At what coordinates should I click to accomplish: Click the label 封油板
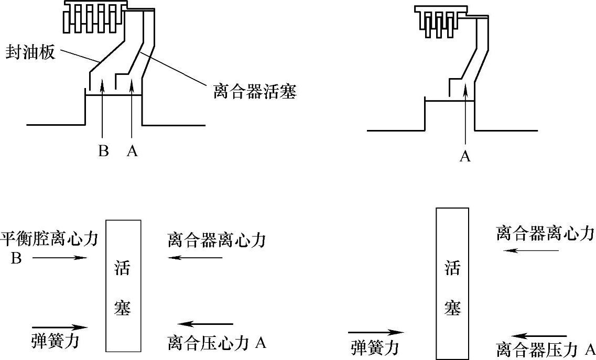point(30,52)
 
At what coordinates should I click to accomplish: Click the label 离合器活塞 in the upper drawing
point(255,92)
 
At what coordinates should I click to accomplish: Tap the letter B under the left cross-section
point(103,151)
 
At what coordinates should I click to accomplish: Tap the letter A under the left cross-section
point(132,151)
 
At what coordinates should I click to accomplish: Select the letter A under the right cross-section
point(465,156)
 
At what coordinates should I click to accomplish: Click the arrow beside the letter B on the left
point(59,258)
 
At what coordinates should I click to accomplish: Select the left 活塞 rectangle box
point(123,286)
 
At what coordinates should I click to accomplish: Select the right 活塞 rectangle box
point(452,283)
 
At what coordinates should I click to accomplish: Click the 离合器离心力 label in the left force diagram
point(217,241)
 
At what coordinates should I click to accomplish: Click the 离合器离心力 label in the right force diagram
point(545,233)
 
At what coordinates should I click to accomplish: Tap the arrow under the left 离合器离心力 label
point(196,258)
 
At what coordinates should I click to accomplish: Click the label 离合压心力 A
point(217,343)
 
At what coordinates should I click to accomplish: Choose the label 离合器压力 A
point(545,350)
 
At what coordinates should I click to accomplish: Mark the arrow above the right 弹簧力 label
point(375,332)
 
